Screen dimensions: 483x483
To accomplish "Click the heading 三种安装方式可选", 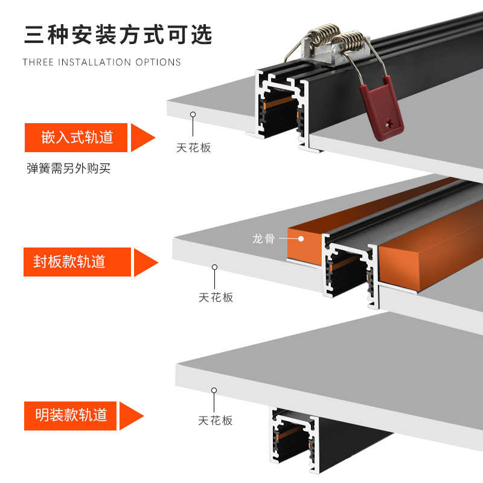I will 118,35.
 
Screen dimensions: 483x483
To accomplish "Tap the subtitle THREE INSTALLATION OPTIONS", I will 101,62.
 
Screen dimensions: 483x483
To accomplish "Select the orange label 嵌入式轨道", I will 77,138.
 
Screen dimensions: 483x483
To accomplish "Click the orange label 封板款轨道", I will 77,261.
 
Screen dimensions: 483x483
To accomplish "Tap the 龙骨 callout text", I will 263,238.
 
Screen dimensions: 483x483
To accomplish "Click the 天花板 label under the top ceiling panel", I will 194,147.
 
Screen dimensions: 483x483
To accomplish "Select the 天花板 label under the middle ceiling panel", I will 216,297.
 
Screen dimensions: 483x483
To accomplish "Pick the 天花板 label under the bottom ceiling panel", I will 215,420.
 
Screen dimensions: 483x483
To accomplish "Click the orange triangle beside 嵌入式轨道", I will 142,137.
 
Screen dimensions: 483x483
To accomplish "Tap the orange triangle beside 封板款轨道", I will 145,262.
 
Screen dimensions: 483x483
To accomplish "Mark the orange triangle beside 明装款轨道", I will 131,415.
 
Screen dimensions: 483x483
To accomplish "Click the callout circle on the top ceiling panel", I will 193,114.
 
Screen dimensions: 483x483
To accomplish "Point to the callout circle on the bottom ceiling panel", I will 214,391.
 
